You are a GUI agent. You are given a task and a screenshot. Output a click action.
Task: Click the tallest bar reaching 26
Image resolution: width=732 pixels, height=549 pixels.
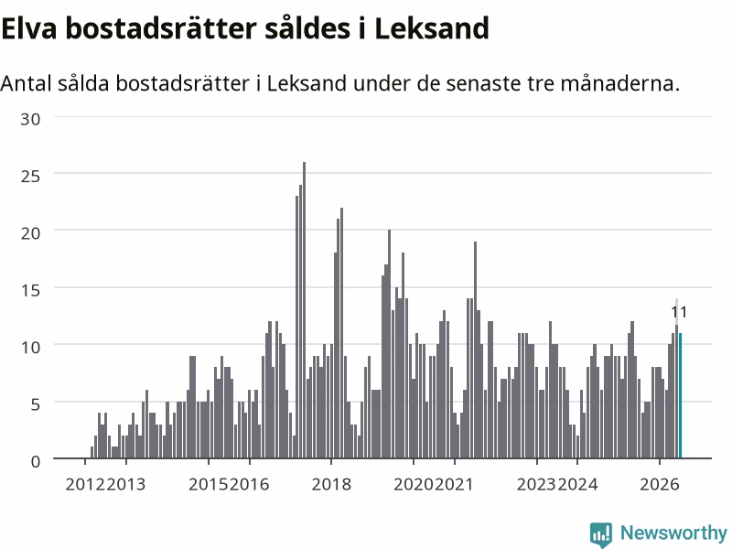pos(305,310)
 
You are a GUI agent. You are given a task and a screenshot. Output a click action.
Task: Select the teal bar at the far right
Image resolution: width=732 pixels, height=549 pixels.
pos(680,395)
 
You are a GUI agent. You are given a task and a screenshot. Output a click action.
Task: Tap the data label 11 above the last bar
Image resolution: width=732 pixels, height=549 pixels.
pos(679,312)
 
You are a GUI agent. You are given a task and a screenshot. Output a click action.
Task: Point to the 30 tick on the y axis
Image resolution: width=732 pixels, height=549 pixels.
pos(30,119)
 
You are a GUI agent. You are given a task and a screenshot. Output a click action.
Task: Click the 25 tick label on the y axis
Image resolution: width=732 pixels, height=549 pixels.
pos(30,176)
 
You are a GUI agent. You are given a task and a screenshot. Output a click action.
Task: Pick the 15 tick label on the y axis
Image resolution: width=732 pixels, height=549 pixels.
pos(30,290)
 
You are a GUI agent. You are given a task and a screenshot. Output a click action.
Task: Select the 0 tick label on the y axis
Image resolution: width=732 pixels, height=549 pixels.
pos(36,462)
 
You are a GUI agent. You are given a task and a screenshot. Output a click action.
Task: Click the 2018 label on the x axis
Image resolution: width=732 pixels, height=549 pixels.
pos(331,484)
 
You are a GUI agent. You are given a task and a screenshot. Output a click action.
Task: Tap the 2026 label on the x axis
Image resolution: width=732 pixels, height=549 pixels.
pos(659,484)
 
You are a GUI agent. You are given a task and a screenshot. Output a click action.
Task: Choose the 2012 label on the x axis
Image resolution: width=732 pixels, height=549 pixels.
pos(85,484)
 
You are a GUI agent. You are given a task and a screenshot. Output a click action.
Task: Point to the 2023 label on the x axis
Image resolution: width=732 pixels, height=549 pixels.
pos(536,484)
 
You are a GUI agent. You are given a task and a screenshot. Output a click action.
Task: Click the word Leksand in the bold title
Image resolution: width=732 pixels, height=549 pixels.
pos(432,28)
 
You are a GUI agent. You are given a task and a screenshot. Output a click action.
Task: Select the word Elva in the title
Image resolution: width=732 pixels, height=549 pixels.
pos(29,28)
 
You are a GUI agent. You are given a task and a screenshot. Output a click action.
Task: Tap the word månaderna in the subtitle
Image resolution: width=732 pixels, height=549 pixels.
pos(620,83)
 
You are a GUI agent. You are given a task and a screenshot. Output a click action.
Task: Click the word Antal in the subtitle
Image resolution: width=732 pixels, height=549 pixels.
pos(27,83)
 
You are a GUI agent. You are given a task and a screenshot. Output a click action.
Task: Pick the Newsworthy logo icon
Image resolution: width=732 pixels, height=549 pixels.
pos(601,533)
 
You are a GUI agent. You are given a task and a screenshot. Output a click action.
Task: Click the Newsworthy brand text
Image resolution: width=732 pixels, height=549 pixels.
pos(673,533)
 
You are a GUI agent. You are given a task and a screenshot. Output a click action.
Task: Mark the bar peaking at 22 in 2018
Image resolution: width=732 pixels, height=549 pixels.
pos(341,333)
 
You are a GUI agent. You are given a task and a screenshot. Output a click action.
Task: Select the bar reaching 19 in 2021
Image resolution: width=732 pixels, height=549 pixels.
pos(475,350)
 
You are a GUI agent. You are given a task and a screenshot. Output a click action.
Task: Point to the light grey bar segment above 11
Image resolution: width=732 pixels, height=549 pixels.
pos(676,311)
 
